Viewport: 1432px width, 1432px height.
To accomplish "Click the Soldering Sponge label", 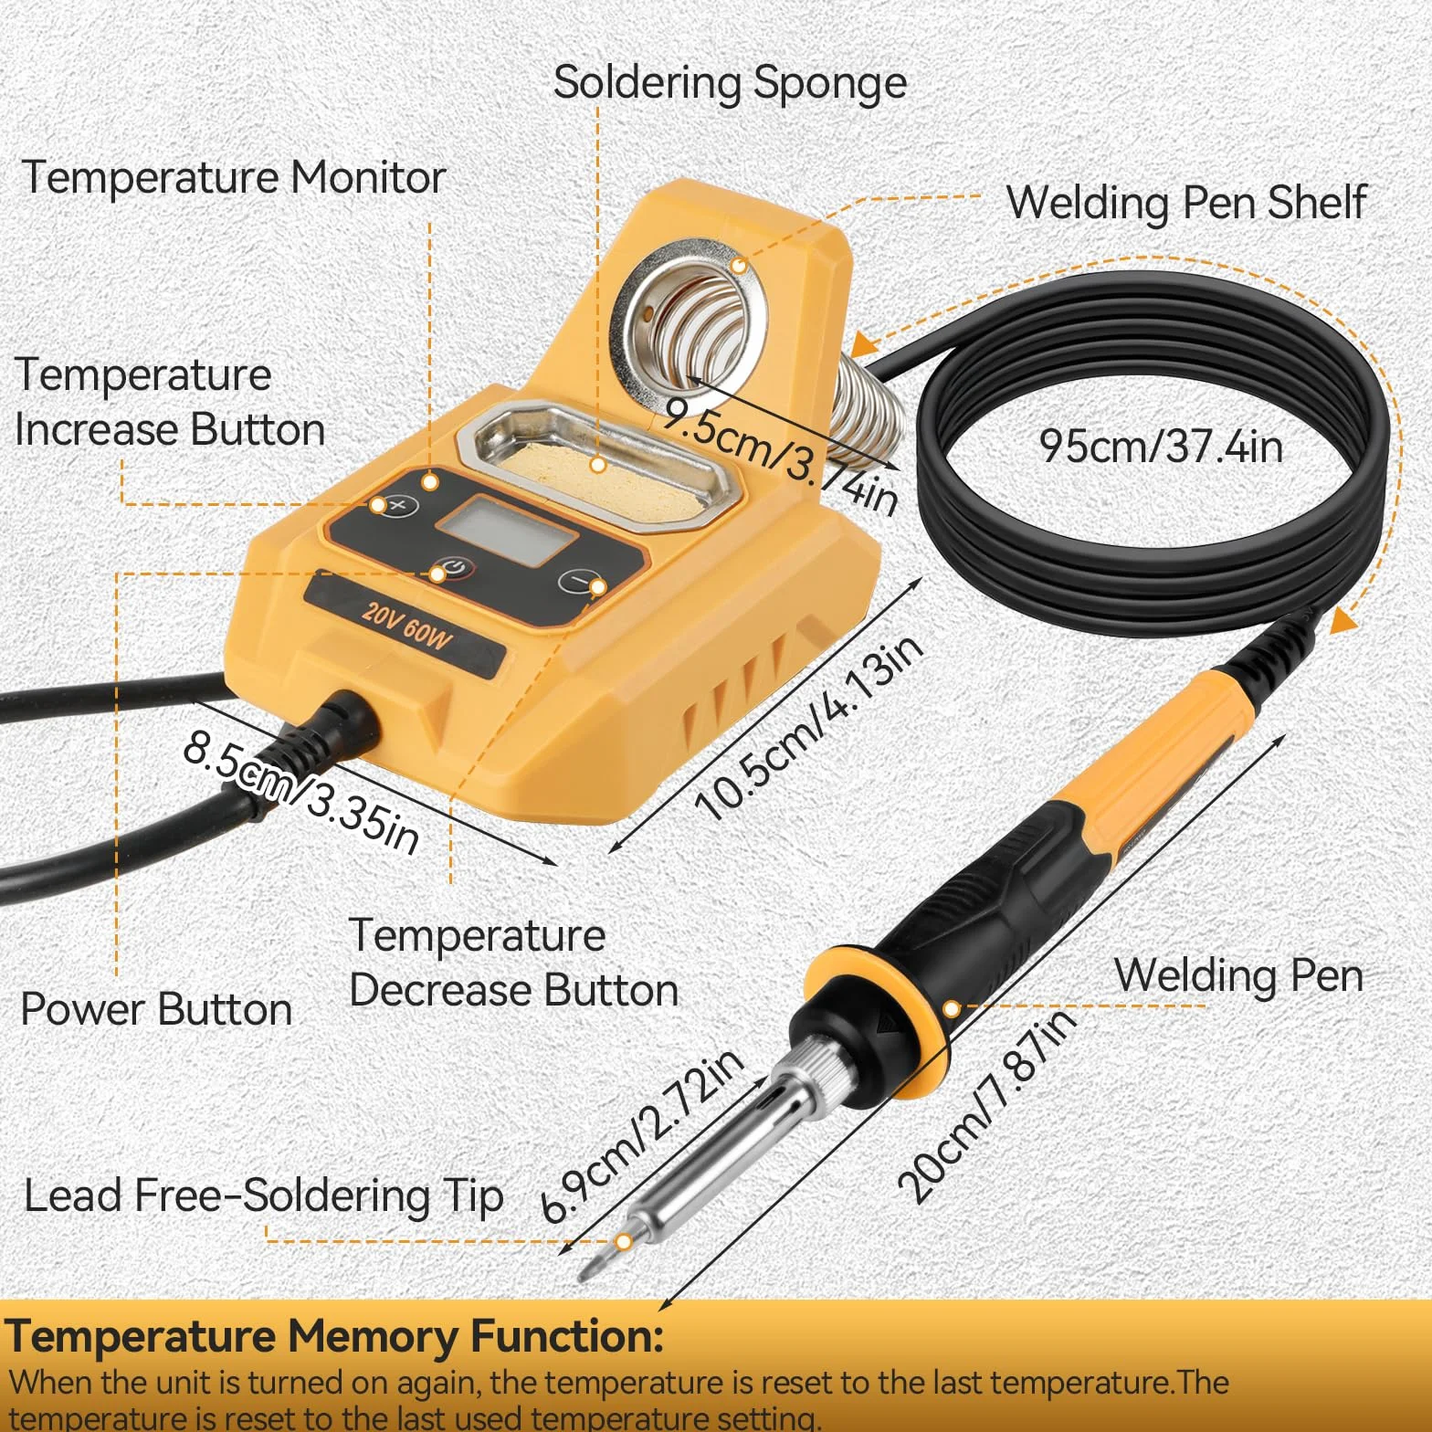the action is point(730,84).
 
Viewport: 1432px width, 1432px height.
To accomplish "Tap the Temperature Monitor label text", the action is point(234,177).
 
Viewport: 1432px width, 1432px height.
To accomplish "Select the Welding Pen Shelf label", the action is point(1186,203).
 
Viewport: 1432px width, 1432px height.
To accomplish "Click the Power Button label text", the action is point(156,1009).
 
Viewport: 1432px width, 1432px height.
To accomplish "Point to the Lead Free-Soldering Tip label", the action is point(263,1196).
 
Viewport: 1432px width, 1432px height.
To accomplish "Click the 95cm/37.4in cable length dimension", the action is point(1161,447).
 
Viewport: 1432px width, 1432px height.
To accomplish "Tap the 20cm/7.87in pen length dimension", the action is point(986,1105).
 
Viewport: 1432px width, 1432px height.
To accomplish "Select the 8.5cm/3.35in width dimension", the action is point(301,792).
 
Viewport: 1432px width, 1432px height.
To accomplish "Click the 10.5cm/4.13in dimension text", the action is point(809,727).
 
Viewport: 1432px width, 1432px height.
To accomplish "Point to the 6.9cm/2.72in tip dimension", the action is point(641,1135).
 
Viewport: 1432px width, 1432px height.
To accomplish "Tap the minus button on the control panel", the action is point(581,581).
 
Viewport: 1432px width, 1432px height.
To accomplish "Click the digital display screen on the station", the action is point(506,531).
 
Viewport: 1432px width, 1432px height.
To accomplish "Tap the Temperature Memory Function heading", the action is point(333,1337).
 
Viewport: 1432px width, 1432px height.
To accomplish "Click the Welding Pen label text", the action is point(1238,975).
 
